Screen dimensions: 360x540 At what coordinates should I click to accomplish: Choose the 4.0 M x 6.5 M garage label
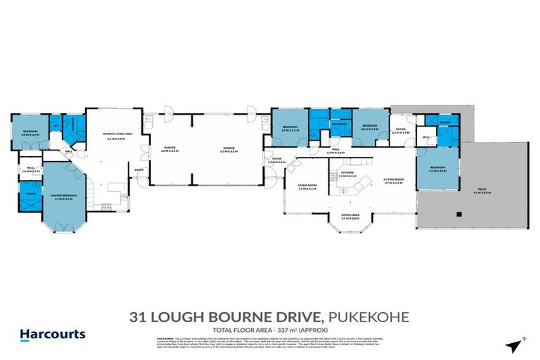click(169, 148)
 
